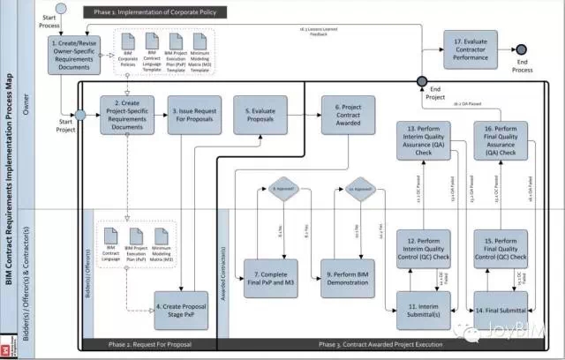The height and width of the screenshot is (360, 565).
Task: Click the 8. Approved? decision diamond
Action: point(281,188)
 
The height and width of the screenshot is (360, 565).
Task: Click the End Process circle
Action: point(521,49)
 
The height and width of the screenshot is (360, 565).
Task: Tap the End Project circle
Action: point(421,81)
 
